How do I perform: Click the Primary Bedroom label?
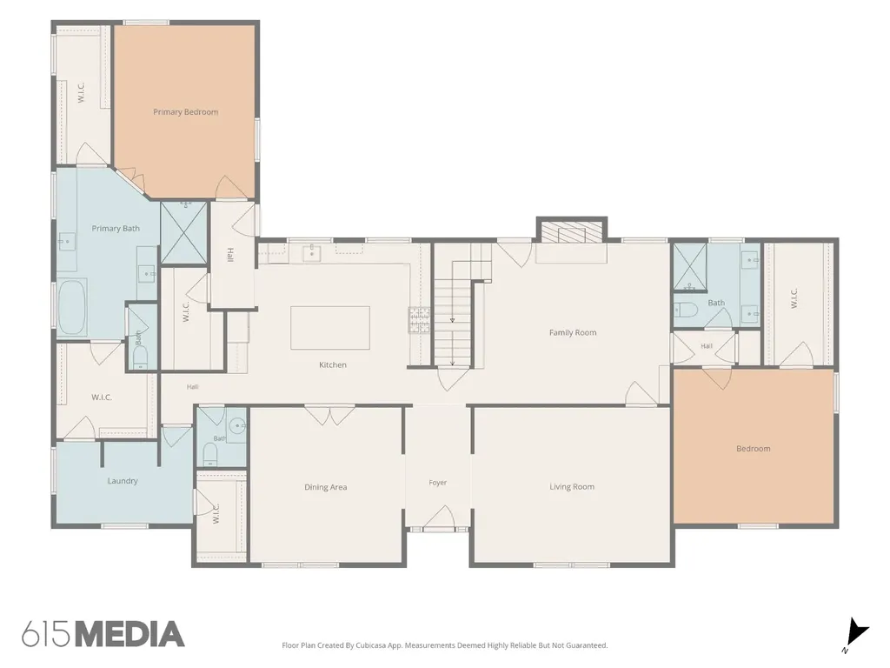tap(186, 112)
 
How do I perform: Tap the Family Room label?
tap(573, 332)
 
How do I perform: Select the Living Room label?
tap(572, 486)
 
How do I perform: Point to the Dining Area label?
tap(325, 487)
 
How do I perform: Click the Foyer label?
tap(438, 482)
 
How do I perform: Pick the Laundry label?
tap(123, 480)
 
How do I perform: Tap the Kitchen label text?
tap(333, 364)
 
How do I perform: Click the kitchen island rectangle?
tap(330, 328)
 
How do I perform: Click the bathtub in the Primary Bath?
tap(72, 307)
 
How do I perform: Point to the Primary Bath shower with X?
tap(183, 232)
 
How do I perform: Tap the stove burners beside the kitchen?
tap(419, 320)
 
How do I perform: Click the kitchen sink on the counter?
tap(312, 253)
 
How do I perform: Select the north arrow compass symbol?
tap(856, 633)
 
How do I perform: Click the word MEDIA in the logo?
tap(130, 634)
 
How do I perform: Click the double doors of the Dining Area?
tap(329, 415)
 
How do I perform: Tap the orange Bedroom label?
tap(754, 448)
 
